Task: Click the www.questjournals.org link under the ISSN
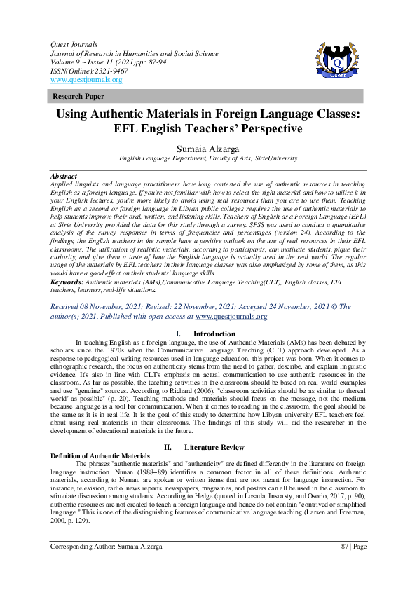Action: [x=86, y=80]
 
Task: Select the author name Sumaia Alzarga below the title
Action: [x=208, y=149]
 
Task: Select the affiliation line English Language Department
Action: [x=207, y=160]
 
